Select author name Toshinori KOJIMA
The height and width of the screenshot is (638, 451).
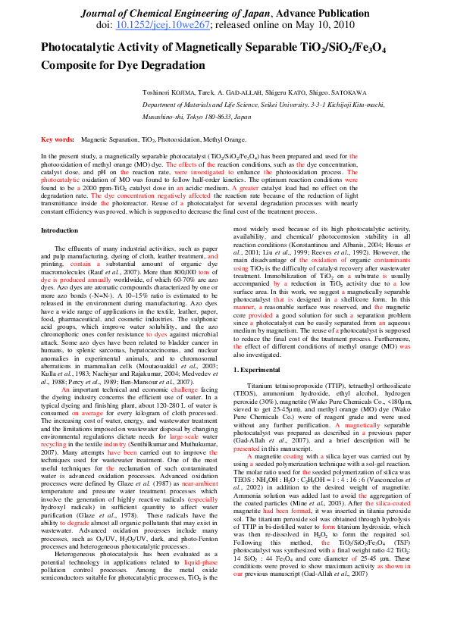click(168, 92)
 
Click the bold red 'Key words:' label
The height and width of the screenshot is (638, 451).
click(58, 140)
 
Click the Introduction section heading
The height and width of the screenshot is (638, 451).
click(59, 230)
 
